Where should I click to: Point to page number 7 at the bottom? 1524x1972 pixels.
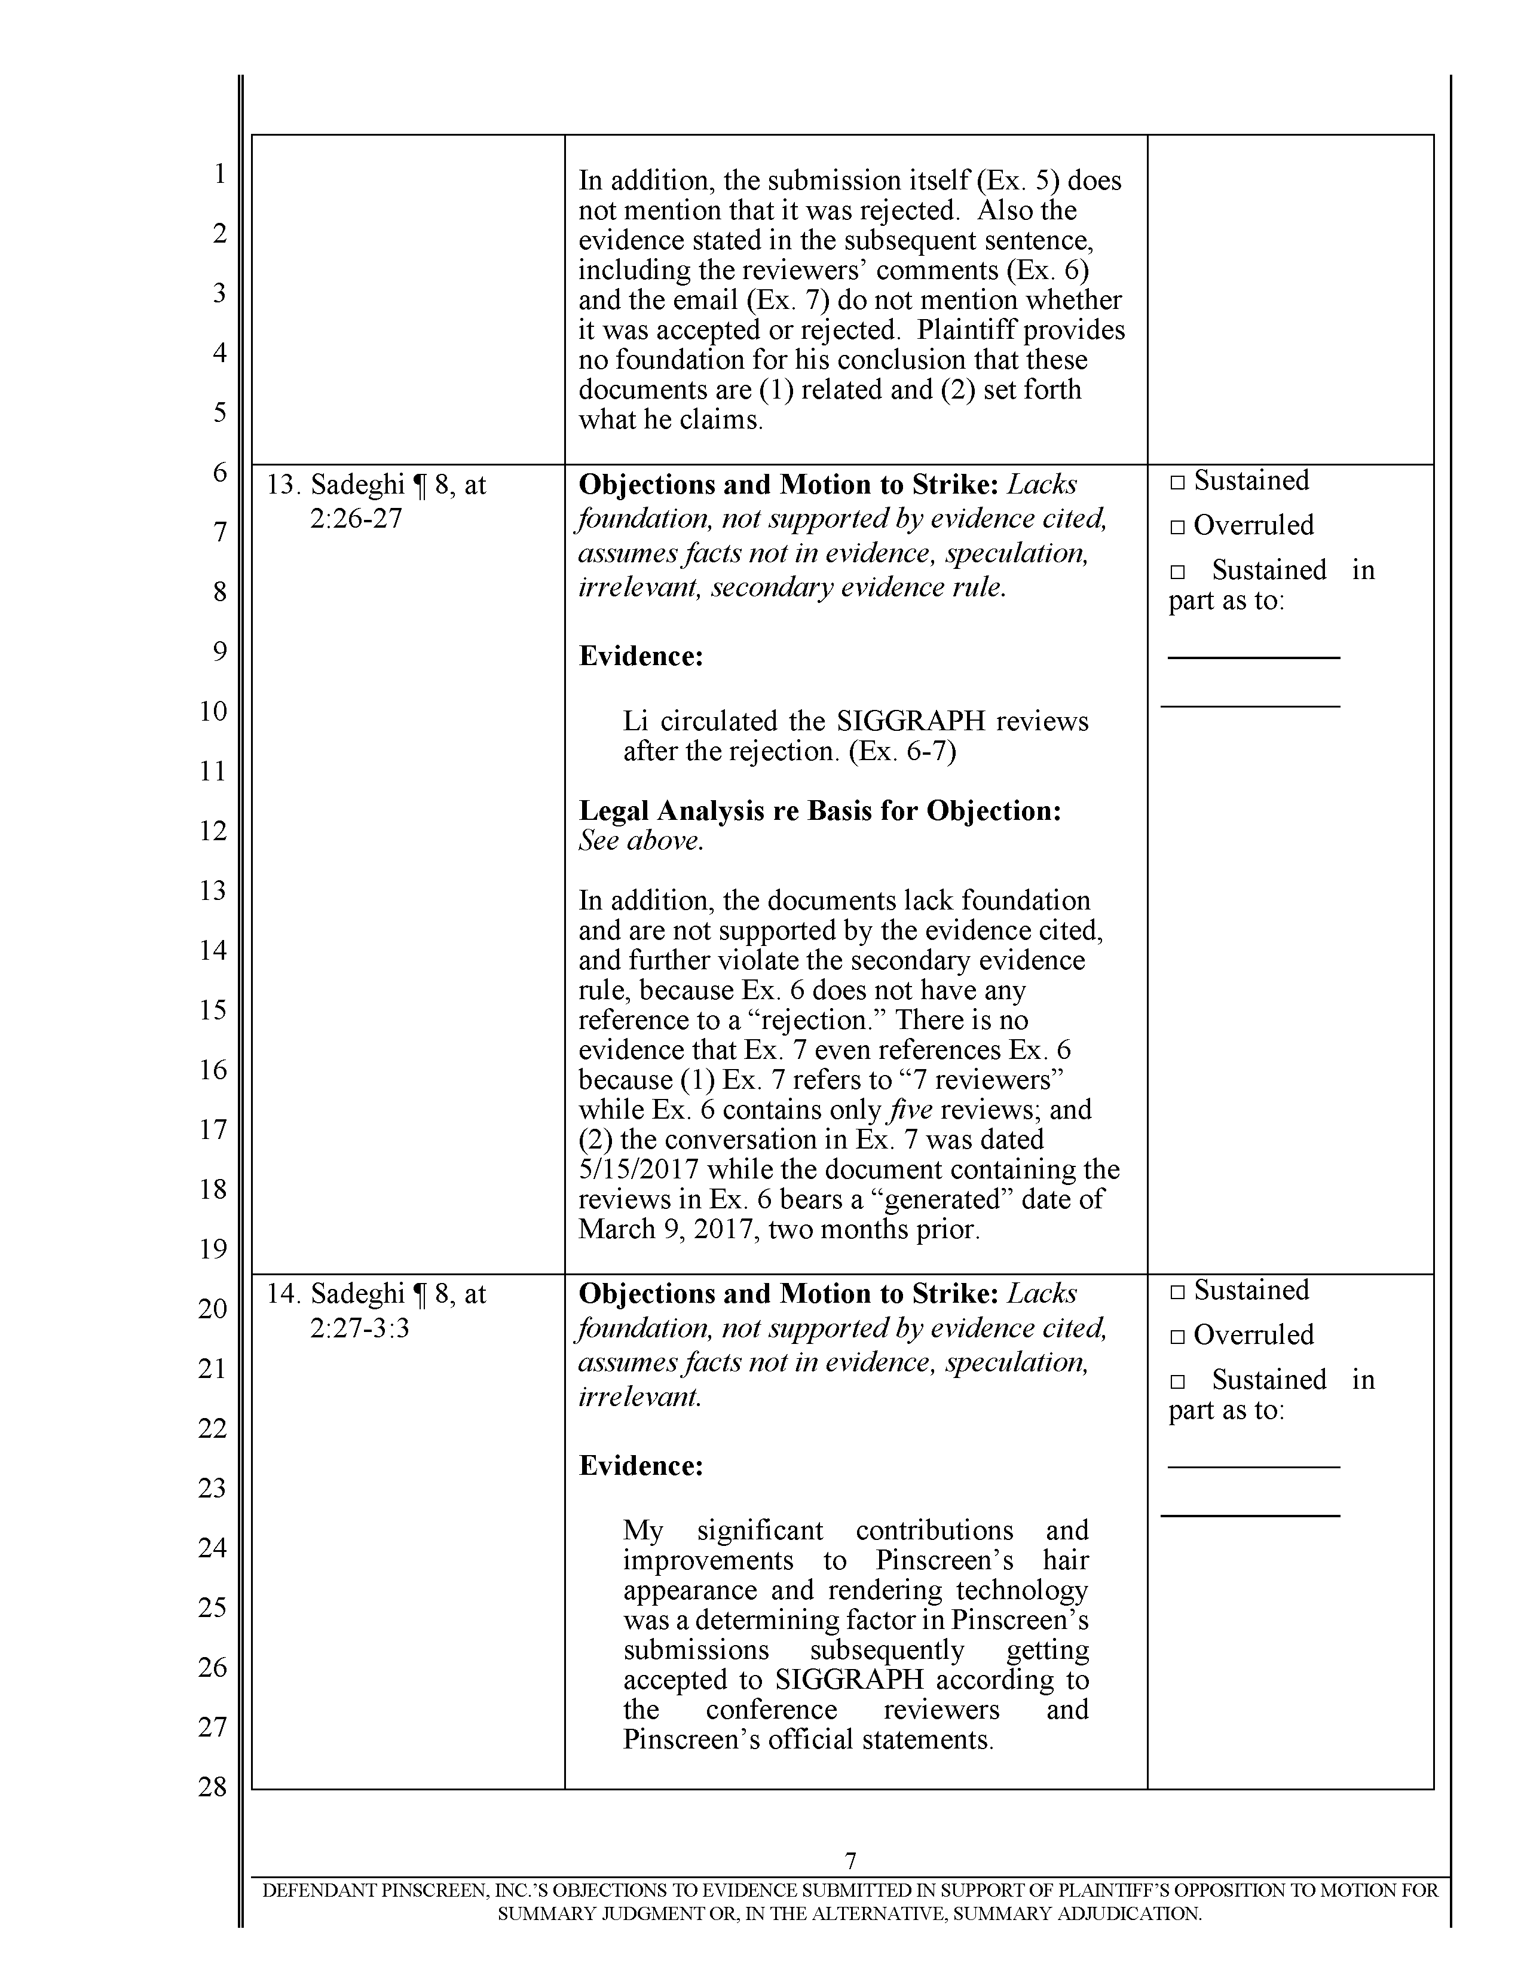tap(850, 1861)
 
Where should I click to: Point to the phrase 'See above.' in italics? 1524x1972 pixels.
tap(640, 841)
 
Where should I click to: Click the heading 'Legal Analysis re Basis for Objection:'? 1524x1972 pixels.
tap(819, 811)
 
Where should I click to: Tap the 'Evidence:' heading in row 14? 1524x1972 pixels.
tap(640, 1465)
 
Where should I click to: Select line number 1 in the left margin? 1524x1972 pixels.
tap(219, 173)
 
